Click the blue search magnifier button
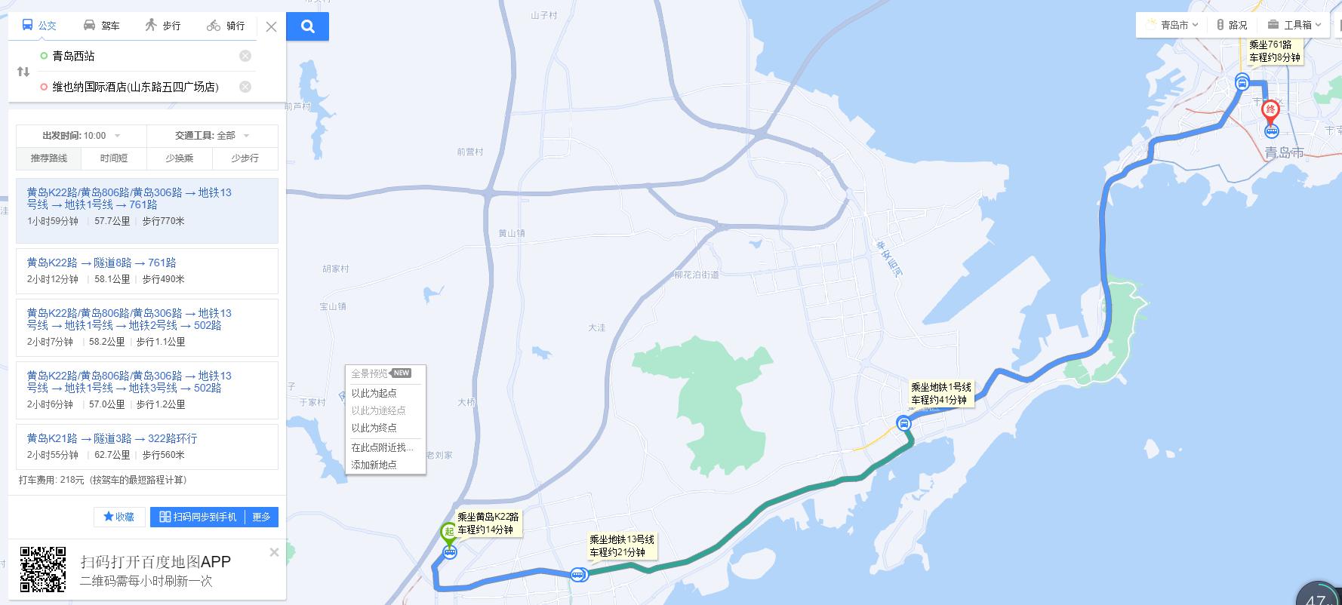click(307, 27)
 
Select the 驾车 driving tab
click(101, 26)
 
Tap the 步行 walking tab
click(163, 26)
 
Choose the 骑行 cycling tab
click(226, 26)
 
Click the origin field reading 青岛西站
click(136, 56)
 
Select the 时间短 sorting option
click(114, 158)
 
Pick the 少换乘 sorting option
click(180, 158)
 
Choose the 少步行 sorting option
click(245, 158)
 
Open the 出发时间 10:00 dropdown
click(82, 136)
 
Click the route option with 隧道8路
click(146, 270)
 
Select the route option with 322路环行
click(146, 446)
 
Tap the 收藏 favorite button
click(119, 517)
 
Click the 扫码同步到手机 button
click(198, 517)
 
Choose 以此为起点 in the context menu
click(374, 393)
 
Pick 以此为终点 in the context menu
click(374, 428)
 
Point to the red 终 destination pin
click(1271, 111)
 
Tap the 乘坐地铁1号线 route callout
click(940, 394)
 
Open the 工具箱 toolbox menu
click(1294, 25)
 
